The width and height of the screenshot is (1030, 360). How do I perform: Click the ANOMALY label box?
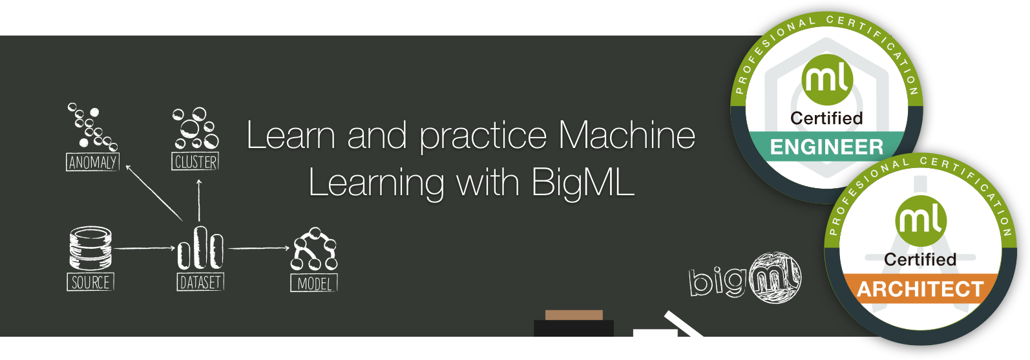92,162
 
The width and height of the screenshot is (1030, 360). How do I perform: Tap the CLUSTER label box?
196,162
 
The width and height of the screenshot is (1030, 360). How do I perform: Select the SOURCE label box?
90,282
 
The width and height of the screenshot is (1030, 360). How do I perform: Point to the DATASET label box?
200,282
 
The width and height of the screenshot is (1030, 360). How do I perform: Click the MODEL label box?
314,284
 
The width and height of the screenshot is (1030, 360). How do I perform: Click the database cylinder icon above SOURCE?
90,248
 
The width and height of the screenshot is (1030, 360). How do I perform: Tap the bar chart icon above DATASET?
200,248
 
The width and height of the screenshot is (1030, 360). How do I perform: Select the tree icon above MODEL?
315,249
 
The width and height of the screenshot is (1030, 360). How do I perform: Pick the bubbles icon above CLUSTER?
196,128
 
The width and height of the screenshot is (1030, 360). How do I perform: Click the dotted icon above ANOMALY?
92,126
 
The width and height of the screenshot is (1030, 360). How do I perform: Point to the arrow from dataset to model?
258,248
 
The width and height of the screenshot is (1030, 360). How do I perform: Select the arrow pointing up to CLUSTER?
199,200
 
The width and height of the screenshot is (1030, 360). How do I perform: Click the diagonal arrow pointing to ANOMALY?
154,193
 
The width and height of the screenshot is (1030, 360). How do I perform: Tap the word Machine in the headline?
627,136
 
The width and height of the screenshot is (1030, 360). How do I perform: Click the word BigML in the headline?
582,183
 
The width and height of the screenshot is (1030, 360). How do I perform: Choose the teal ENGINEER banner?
826,147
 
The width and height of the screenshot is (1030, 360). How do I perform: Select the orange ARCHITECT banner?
920,289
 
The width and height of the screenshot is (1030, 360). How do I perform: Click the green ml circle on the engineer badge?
827,80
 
